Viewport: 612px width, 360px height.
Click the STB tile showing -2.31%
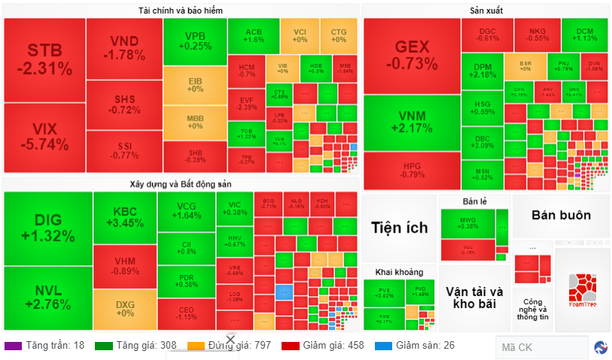click(x=44, y=60)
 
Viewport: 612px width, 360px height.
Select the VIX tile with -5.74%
click(x=44, y=138)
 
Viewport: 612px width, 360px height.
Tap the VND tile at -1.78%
click(x=123, y=47)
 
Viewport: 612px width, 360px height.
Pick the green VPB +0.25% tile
click(x=194, y=41)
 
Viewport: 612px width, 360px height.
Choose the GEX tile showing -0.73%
click(x=411, y=55)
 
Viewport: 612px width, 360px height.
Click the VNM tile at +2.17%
click(x=411, y=121)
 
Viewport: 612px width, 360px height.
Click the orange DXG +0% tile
click(x=124, y=309)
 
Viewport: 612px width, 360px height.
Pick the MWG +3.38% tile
click(x=467, y=222)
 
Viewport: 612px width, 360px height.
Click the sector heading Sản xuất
click(x=485, y=11)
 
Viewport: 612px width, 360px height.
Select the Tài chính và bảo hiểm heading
click(x=180, y=11)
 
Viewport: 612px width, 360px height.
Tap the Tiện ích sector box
click(x=399, y=227)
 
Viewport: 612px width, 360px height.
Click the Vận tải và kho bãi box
click(x=473, y=297)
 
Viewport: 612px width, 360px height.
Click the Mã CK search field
click(x=540, y=347)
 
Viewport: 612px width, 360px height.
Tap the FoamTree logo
click(x=582, y=291)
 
